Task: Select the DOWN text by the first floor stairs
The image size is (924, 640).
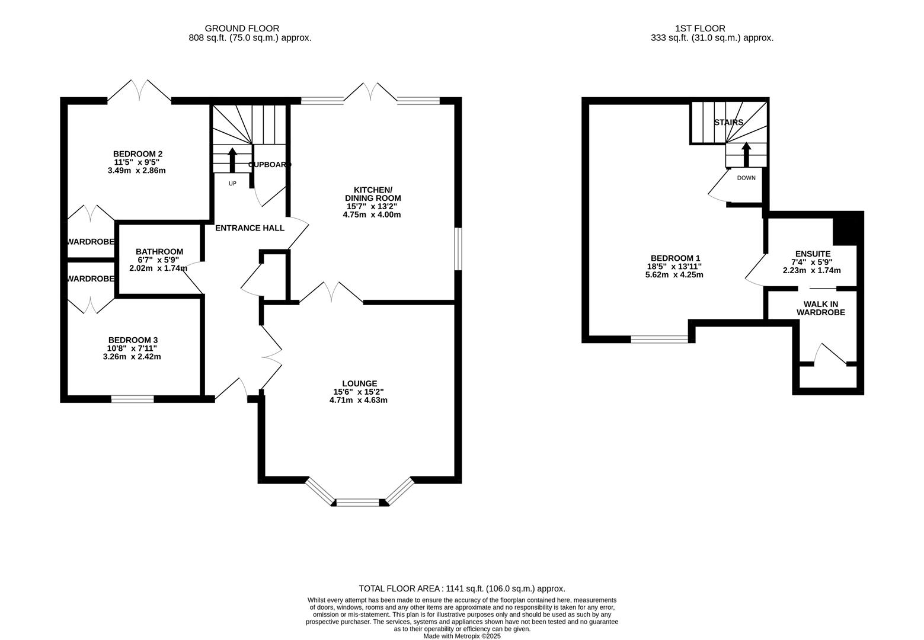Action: (746, 178)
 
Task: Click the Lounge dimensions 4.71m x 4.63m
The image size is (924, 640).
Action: (358, 400)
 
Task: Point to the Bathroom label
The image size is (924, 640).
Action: (159, 251)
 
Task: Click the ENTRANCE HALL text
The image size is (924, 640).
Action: (250, 228)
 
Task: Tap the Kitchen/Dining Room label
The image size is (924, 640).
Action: (373, 194)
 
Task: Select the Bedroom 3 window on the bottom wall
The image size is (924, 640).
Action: (132, 399)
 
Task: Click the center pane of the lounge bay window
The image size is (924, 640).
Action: (357, 503)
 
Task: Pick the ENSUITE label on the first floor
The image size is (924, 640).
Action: (813, 254)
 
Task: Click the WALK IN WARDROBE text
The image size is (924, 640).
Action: (820, 308)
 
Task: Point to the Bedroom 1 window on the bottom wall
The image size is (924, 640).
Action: (659, 340)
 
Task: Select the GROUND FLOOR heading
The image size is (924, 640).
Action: (242, 28)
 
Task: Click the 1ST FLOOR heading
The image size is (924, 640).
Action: (708, 28)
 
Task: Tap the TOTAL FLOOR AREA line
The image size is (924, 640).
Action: (462, 588)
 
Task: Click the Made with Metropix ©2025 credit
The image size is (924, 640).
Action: (462, 636)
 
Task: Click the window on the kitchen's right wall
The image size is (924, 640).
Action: (458, 249)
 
